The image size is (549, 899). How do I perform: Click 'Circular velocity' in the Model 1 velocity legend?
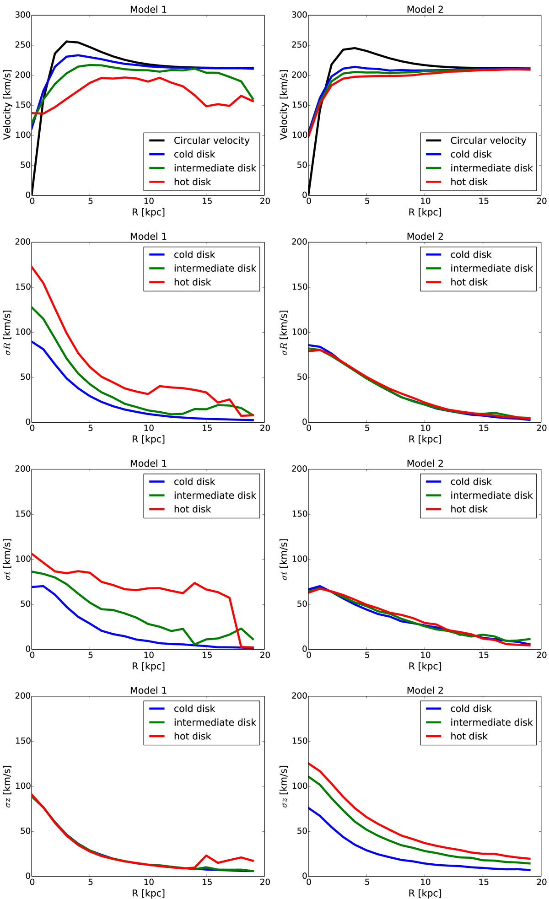point(211,141)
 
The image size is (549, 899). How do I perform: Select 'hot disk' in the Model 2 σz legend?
point(469,736)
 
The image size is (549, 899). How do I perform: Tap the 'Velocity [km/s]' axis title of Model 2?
point(284,105)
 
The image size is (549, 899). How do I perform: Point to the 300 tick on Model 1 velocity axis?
point(23,16)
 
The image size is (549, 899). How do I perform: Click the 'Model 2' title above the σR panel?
point(425,237)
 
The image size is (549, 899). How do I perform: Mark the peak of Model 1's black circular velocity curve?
point(67,42)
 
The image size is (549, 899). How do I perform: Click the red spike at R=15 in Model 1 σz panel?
point(206,855)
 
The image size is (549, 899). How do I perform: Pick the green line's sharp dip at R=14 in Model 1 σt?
point(195,644)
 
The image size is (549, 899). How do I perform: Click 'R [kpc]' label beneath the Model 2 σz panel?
point(425,893)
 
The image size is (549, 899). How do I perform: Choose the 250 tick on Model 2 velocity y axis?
point(300,45)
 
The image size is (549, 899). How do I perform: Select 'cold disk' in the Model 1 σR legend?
point(194,255)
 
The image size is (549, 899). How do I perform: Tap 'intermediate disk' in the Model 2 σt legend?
point(491,495)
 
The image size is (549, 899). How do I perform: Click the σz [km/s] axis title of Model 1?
point(8,786)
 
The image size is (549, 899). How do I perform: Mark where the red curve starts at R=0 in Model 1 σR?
point(32,266)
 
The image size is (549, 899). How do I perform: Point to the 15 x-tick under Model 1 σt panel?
point(206,655)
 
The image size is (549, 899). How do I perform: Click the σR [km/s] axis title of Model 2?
point(284,332)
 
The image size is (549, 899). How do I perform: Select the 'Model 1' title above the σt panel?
point(148,463)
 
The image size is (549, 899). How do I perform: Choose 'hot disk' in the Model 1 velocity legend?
point(192,182)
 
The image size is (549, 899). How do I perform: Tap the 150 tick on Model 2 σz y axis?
point(300,741)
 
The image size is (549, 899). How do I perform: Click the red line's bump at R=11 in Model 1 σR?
point(160,386)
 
